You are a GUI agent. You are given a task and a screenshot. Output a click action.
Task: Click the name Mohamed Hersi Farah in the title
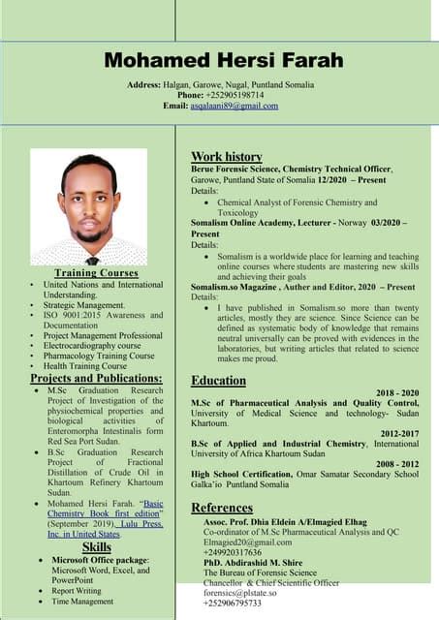pyautogui.click(x=224, y=61)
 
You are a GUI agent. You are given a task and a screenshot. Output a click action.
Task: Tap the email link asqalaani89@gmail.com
pyautogui.click(x=234, y=106)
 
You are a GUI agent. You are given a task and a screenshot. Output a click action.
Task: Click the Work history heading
pyautogui.click(x=227, y=156)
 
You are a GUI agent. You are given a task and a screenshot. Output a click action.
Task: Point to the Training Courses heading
pyautogui.click(x=96, y=273)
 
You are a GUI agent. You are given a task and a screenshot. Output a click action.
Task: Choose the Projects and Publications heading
pyautogui.click(x=96, y=378)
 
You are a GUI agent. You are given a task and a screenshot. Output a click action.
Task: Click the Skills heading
pyautogui.click(x=96, y=547)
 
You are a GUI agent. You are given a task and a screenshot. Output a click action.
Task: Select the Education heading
pyautogui.click(x=218, y=381)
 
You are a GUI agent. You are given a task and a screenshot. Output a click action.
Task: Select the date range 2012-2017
pyautogui.click(x=399, y=433)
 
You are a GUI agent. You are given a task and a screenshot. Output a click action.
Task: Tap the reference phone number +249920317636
pyautogui.click(x=234, y=553)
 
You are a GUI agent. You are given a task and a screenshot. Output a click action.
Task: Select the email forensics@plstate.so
pyautogui.click(x=244, y=594)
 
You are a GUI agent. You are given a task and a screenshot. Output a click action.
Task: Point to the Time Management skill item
pyautogui.click(x=83, y=602)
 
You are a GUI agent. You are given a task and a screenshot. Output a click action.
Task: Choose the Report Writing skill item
pyautogui.click(x=77, y=590)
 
